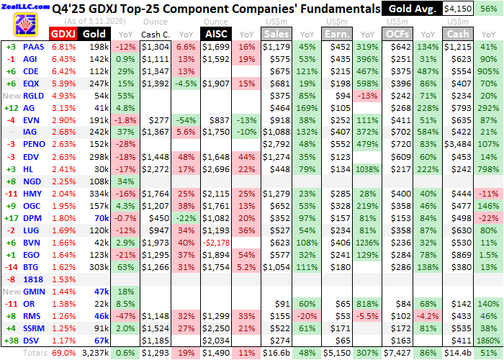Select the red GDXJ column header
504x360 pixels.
click(x=63, y=34)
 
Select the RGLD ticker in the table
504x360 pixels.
click(x=35, y=95)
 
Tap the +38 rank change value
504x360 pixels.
click(x=11, y=340)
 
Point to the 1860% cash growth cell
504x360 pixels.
click(x=488, y=340)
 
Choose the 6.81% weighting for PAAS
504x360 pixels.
click(x=63, y=47)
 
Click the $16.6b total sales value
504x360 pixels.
click(x=277, y=353)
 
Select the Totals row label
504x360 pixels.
click(x=36, y=353)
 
